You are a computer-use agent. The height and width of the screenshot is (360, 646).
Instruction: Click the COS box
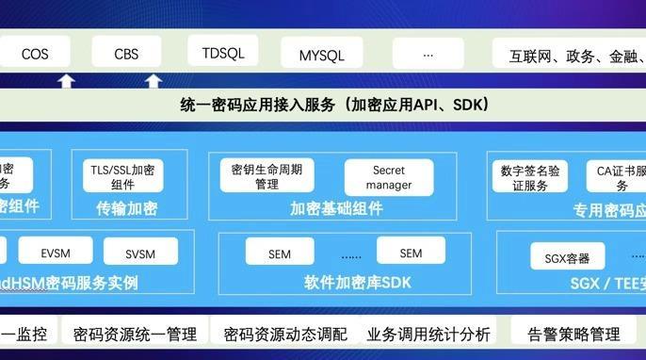[35, 54]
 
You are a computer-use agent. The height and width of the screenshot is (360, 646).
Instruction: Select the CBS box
[126, 54]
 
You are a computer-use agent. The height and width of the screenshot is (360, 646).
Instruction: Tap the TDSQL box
[223, 53]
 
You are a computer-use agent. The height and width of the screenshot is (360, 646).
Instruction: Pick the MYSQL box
[321, 56]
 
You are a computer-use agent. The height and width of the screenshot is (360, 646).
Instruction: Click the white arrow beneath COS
[66, 81]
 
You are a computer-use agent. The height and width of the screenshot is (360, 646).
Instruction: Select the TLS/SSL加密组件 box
[122, 176]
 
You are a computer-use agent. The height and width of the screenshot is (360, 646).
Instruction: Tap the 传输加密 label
[126, 207]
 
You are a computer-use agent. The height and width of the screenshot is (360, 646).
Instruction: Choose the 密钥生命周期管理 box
[266, 176]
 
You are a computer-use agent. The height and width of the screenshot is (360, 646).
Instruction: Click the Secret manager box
[389, 177]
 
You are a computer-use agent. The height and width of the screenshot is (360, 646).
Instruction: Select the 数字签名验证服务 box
[530, 177]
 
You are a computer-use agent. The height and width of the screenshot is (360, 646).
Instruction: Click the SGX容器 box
[567, 256]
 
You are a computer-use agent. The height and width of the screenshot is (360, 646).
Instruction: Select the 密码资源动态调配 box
[285, 334]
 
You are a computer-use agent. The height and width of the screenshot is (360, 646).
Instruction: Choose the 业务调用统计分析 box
[428, 334]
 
